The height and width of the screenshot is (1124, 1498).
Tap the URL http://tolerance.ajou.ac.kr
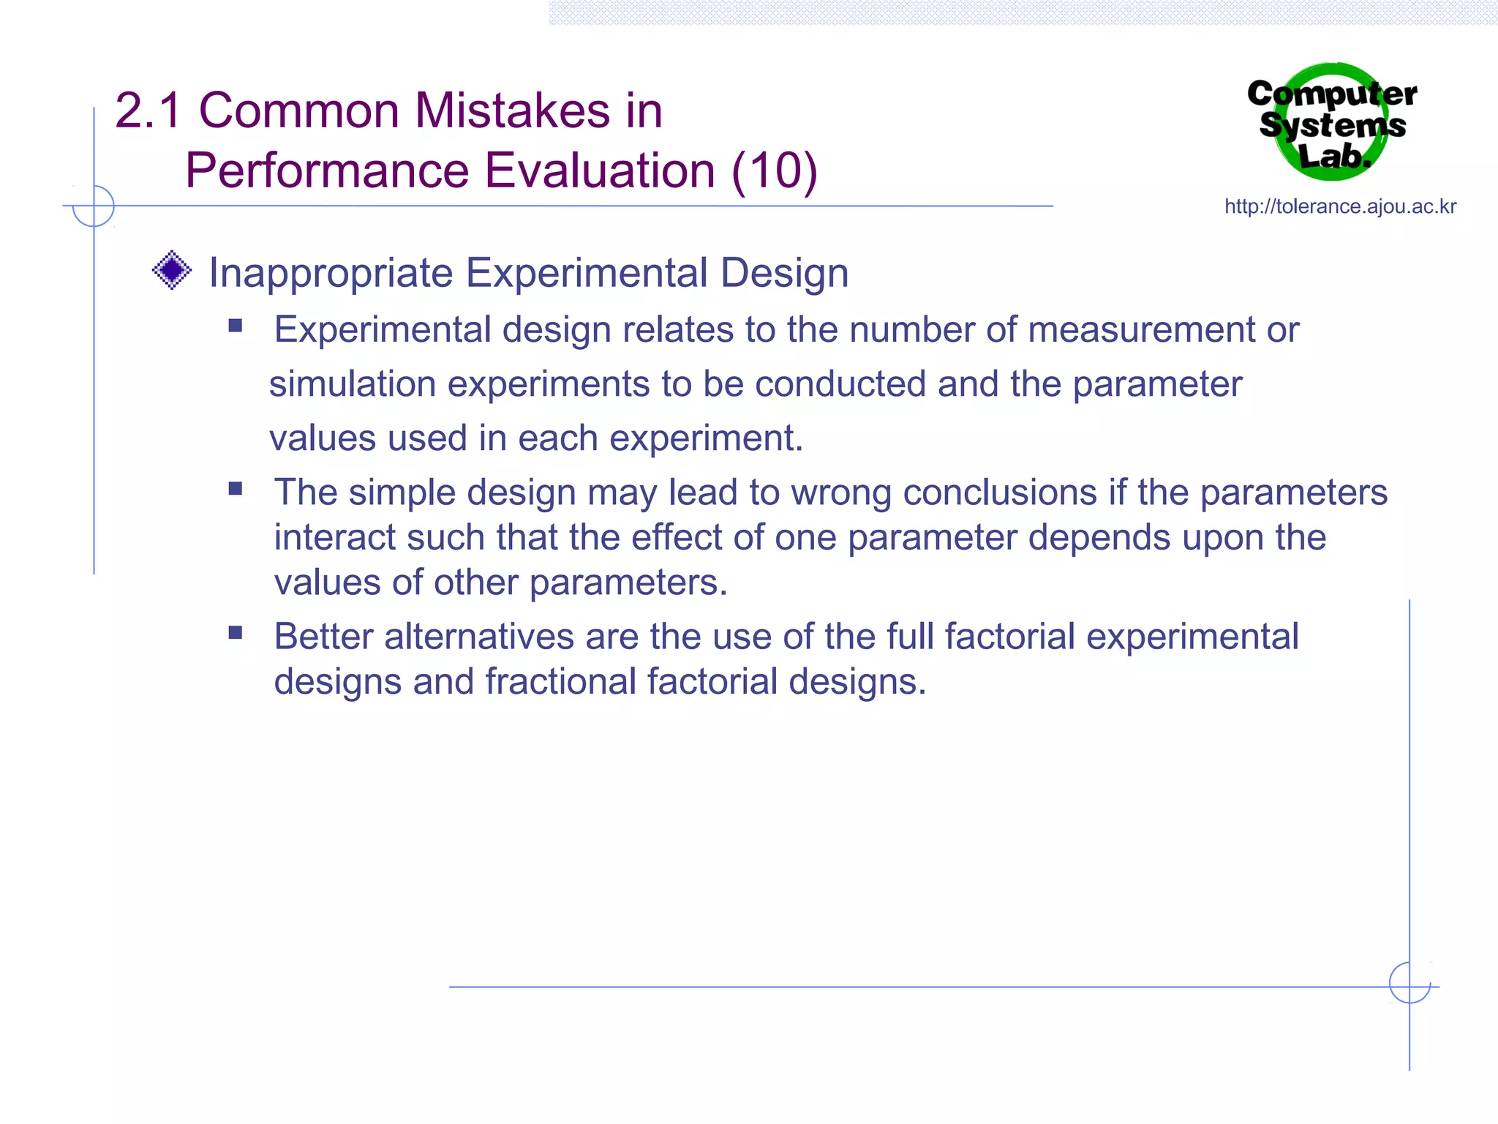[x=1340, y=207]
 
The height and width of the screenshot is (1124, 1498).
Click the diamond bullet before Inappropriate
[x=172, y=270]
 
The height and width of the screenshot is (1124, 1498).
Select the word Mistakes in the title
[x=512, y=111]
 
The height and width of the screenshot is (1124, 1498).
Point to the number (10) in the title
[x=774, y=171]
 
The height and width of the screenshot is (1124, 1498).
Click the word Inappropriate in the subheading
[x=331, y=274]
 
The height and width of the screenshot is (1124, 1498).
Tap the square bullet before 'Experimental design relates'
[x=235, y=326]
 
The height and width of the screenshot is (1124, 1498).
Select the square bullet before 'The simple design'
[x=235, y=488]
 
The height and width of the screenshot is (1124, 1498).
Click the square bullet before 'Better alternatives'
[x=235, y=632]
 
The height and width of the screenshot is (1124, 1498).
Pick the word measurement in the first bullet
[x=1141, y=330]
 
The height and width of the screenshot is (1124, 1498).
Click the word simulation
[x=352, y=384]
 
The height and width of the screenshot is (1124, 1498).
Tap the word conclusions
[x=999, y=492]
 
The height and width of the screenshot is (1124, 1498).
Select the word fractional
[x=560, y=682]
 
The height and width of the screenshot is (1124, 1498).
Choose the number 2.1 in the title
[x=148, y=111]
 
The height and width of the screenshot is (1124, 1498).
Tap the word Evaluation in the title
[x=600, y=171]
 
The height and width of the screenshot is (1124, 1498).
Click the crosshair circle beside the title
[x=94, y=206]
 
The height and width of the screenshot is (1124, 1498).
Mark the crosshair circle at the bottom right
[x=1409, y=983]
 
